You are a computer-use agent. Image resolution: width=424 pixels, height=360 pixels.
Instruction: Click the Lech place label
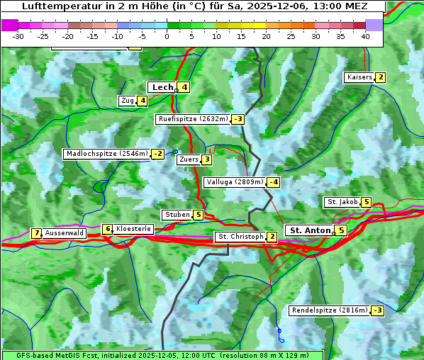[162, 87]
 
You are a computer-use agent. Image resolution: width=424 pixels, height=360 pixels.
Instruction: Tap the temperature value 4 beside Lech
[184, 87]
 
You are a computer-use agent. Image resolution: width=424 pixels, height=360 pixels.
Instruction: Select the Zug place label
[127, 101]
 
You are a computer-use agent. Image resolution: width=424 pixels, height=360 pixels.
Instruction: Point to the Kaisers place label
[359, 77]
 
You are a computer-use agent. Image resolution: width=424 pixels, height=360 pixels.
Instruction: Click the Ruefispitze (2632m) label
[193, 119]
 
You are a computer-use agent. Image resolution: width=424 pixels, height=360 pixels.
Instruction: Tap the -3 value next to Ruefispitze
[238, 119]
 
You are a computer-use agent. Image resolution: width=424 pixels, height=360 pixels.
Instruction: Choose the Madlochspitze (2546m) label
[106, 154]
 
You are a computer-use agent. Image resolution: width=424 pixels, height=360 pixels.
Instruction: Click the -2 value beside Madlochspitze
[157, 154]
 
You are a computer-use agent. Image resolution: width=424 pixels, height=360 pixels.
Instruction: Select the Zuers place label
[188, 159]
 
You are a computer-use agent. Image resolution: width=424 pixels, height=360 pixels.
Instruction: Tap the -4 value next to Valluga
[274, 182]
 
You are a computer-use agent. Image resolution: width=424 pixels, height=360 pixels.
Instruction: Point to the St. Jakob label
[342, 202]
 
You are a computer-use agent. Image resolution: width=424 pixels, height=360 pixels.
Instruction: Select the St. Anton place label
[310, 230]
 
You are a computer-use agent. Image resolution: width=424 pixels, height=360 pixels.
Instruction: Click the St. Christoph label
[240, 237]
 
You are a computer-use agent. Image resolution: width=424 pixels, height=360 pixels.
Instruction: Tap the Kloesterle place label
[133, 229]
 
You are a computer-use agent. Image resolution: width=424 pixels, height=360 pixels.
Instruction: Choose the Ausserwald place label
[64, 233]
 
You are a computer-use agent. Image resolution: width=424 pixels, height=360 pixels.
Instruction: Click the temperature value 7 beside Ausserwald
[36, 233]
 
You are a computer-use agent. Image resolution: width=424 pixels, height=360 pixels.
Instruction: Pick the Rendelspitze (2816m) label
[330, 310]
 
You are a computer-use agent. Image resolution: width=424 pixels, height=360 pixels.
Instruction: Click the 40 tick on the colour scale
[365, 36]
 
